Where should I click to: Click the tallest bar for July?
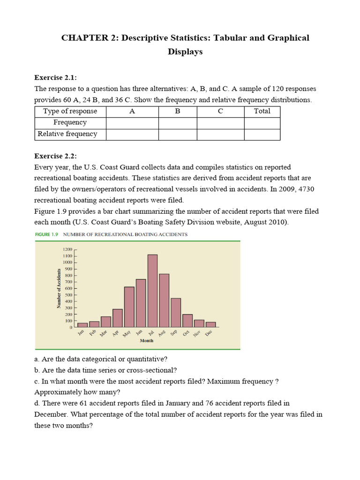pos(152,291)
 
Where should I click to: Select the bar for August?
pos(164,300)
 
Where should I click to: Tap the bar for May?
pos(129,307)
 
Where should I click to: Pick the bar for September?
pos(176,312)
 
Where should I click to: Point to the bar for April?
pos(117,318)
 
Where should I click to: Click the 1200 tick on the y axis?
pos(67,250)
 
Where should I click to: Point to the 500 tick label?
pos(68,295)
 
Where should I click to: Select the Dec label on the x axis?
pos(209,332)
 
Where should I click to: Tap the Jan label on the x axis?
pos(80,332)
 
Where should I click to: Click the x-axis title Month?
pos(146,341)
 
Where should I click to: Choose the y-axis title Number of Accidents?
pos(59,288)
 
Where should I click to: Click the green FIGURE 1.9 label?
pos(48,234)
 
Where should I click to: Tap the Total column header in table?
pos(262,111)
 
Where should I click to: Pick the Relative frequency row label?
pos(67,134)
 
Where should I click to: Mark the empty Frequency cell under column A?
pos(132,122)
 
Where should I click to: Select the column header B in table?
pos(178,111)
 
